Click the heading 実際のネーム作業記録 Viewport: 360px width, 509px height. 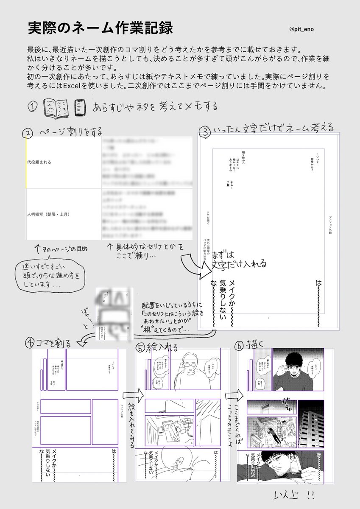pos(100,28)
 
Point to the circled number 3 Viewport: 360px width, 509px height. pos(206,132)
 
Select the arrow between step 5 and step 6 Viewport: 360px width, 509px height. pos(232,395)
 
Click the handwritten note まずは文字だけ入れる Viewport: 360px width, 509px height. pos(240,260)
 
